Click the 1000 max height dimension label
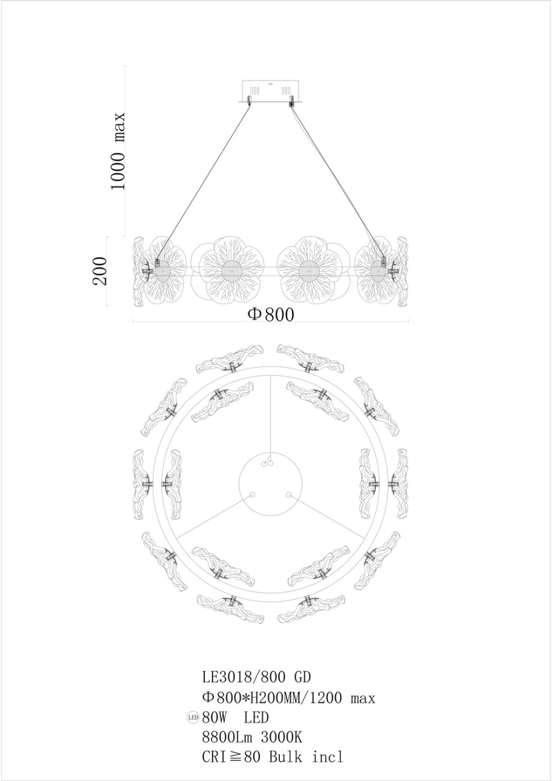[118, 151]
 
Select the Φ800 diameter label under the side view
[271, 314]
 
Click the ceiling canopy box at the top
[271, 91]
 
